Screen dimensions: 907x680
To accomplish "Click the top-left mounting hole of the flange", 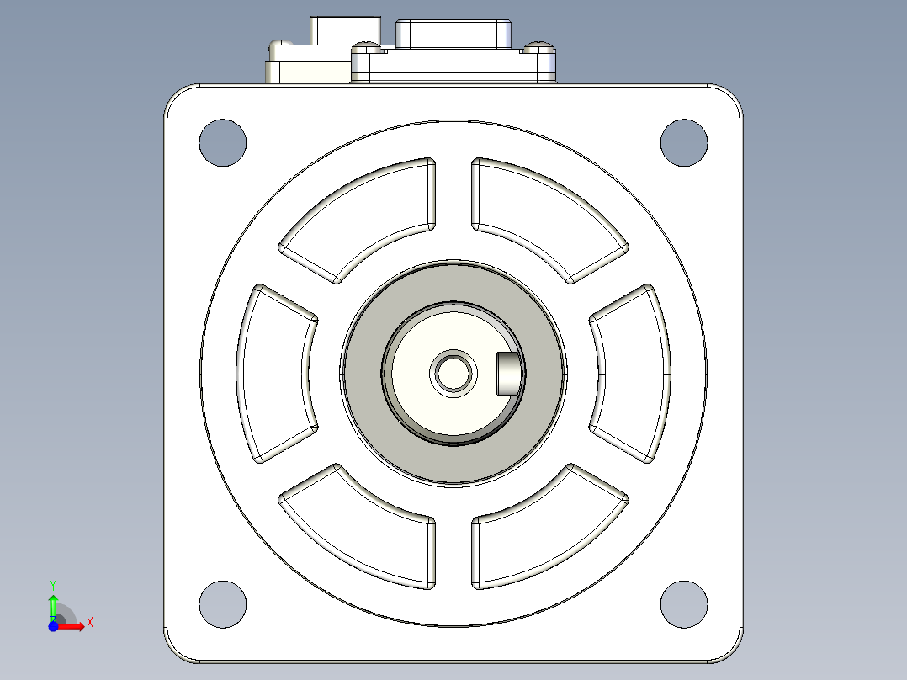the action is pyautogui.click(x=223, y=143).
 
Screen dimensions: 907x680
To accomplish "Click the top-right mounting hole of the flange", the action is pyautogui.click(x=684, y=143).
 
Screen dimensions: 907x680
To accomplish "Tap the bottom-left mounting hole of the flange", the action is pyautogui.click(x=223, y=604).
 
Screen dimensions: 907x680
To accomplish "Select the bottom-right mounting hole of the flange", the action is pyautogui.click(x=684, y=604).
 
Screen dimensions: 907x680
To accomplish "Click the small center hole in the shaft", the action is pyautogui.click(x=453, y=374).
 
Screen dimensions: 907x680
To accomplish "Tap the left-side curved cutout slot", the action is pyautogui.click(x=272, y=374).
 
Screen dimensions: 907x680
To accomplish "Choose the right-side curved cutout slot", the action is pyautogui.click(x=635, y=374).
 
